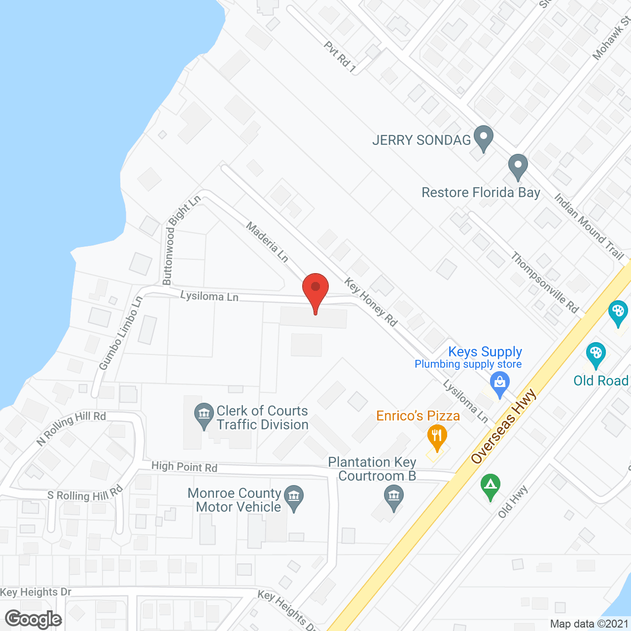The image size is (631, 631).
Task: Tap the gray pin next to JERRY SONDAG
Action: point(483,138)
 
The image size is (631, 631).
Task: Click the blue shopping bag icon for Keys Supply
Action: point(500,384)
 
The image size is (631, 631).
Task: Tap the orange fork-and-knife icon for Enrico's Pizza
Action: point(437,437)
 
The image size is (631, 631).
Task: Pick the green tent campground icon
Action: point(490,486)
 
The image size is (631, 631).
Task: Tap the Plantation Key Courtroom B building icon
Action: point(393,497)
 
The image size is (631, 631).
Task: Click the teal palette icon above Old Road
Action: point(596,354)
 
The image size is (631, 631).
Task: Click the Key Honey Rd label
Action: point(371,302)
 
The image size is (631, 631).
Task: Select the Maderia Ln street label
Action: point(267,242)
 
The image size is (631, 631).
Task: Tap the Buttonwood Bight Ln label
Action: point(181,240)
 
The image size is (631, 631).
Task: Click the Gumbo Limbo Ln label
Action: point(120,333)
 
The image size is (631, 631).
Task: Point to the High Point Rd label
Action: point(184,466)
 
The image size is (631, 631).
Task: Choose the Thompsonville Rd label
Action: point(544,282)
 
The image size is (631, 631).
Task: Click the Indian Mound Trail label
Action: point(589,226)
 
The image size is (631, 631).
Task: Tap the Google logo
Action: point(34,619)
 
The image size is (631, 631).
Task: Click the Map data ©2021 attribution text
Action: point(589,624)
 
